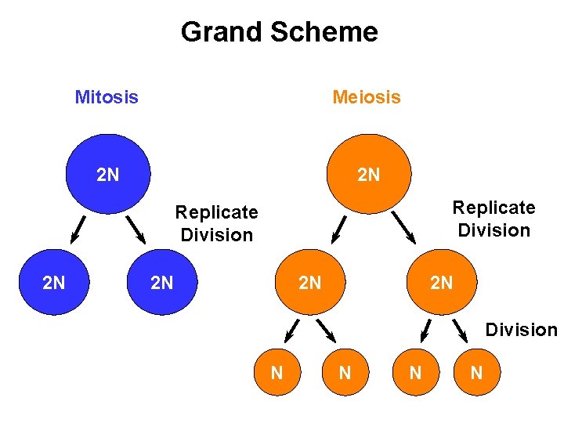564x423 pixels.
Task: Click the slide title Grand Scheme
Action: tap(279, 32)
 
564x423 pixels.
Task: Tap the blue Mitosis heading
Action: tap(107, 97)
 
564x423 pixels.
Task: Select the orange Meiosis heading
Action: tap(366, 97)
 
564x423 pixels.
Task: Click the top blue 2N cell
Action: tap(108, 174)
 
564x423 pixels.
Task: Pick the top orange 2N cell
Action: tap(368, 174)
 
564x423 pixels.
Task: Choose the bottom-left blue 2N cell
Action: tap(53, 282)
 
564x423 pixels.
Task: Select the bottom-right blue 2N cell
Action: tap(161, 282)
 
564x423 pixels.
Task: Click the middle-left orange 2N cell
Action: tap(310, 282)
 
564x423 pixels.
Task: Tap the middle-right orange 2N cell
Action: tap(441, 282)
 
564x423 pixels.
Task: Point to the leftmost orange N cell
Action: tap(277, 373)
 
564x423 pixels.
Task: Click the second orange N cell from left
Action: tap(344, 373)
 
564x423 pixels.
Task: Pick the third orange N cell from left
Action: tap(415, 373)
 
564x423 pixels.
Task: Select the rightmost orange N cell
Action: tap(476, 373)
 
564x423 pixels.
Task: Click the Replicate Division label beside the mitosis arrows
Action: tap(216, 223)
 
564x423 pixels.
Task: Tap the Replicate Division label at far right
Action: tap(493, 219)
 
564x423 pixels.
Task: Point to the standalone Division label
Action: tap(520, 329)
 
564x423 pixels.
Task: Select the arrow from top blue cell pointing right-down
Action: tap(136, 229)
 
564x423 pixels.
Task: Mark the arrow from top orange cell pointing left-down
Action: tap(338, 227)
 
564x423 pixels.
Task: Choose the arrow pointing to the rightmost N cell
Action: tap(461, 332)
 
